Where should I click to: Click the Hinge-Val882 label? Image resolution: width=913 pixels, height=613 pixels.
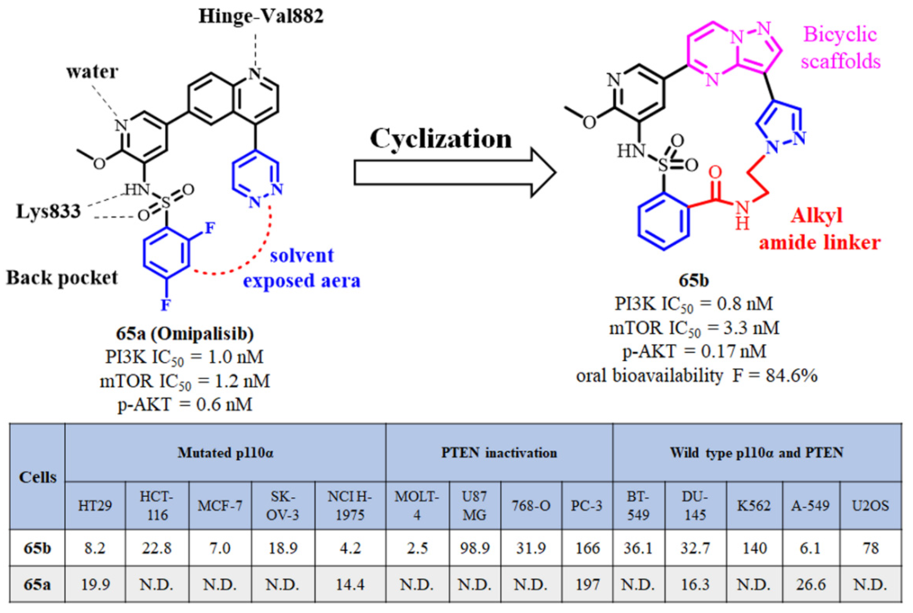click(x=261, y=17)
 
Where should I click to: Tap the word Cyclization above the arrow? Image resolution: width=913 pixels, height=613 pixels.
click(x=441, y=139)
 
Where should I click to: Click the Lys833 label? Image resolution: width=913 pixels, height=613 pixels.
click(x=48, y=211)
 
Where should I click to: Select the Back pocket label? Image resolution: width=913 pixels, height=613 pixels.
click(x=62, y=278)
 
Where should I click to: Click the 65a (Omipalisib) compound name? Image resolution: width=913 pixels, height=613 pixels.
click(x=184, y=334)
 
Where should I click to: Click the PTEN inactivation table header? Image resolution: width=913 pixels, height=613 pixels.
click(x=499, y=453)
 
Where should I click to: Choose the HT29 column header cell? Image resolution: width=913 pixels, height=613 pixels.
click(x=95, y=506)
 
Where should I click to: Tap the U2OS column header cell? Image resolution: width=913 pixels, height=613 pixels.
click(x=870, y=506)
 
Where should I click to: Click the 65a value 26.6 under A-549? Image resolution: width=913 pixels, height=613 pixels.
click(x=811, y=585)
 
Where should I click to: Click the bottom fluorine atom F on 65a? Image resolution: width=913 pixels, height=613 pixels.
click(x=166, y=304)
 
